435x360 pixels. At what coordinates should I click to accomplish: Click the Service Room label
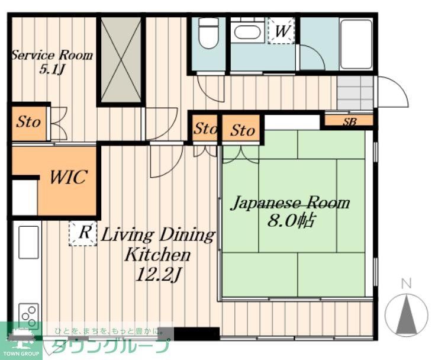[52, 55]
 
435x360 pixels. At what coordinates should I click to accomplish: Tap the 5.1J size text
[52, 69]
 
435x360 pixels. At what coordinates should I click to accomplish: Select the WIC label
[68, 177]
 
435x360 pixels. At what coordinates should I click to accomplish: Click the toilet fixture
[209, 33]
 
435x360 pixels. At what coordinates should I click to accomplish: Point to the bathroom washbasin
[247, 32]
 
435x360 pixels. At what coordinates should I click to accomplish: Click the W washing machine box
[281, 31]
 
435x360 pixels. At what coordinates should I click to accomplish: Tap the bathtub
[356, 44]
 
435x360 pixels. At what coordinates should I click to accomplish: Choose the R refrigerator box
[83, 233]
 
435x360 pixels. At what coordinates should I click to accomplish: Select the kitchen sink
[28, 242]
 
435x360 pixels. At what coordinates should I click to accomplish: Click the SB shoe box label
[349, 121]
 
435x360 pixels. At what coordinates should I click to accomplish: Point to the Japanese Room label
[291, 203]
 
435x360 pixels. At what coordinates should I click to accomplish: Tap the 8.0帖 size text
[291, 221]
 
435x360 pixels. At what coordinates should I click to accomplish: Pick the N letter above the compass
[407, 284]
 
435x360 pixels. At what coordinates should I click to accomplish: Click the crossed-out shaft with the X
[121, 60]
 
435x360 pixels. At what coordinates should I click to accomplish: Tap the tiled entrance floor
[355, 93]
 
